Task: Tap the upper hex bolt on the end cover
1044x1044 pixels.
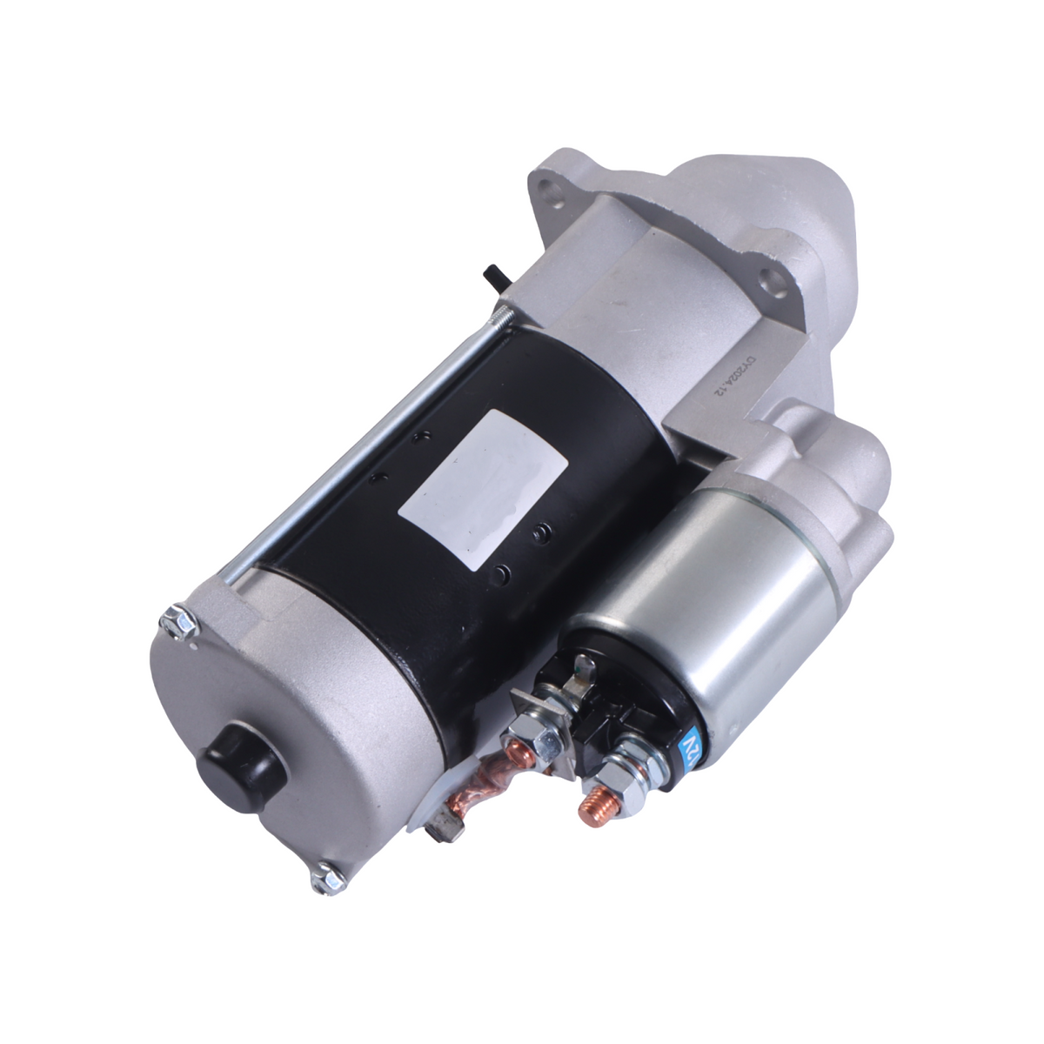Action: (x=172, y=621)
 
